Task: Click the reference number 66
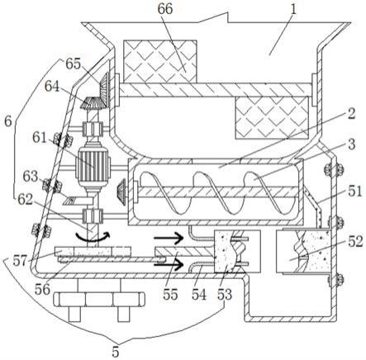coord(165,9)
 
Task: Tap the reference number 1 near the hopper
coord(293,10)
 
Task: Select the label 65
coord(73,64)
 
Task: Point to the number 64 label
coord(53,87)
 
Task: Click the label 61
coord(40,137)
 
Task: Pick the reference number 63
coord(31,176)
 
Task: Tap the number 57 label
coord(21,260)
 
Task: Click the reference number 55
coord(170,294)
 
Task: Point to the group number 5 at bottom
coord(116,352)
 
